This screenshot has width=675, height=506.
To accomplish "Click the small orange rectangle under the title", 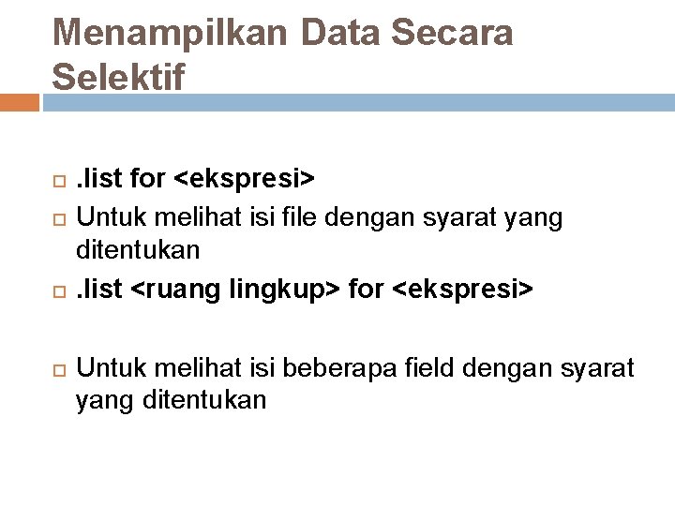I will pyautogui.click(x=19, y=101).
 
